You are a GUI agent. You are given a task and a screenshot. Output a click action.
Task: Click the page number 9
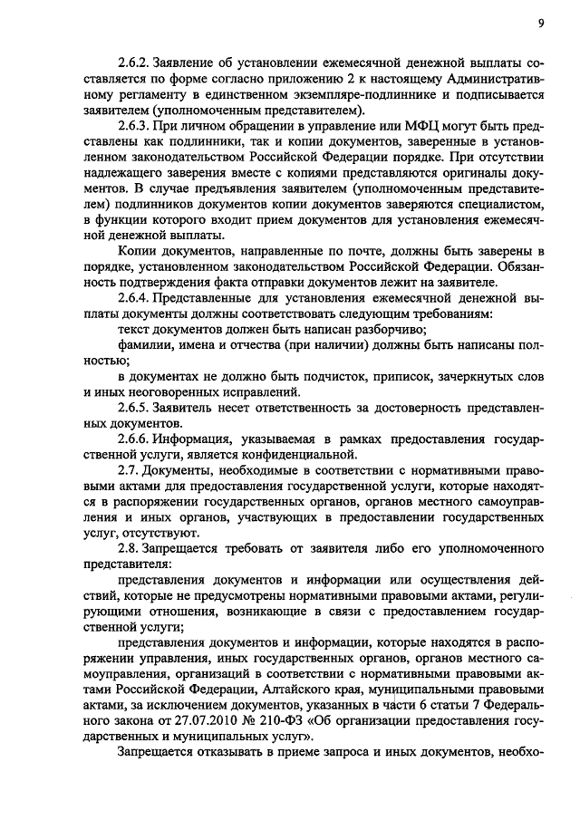click(539, 23)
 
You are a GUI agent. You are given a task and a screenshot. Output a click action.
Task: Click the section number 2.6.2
click(138, 64)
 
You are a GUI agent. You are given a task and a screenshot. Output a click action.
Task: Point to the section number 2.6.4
click(138, 296)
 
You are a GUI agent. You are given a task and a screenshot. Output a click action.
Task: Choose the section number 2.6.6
click(138, 438)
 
